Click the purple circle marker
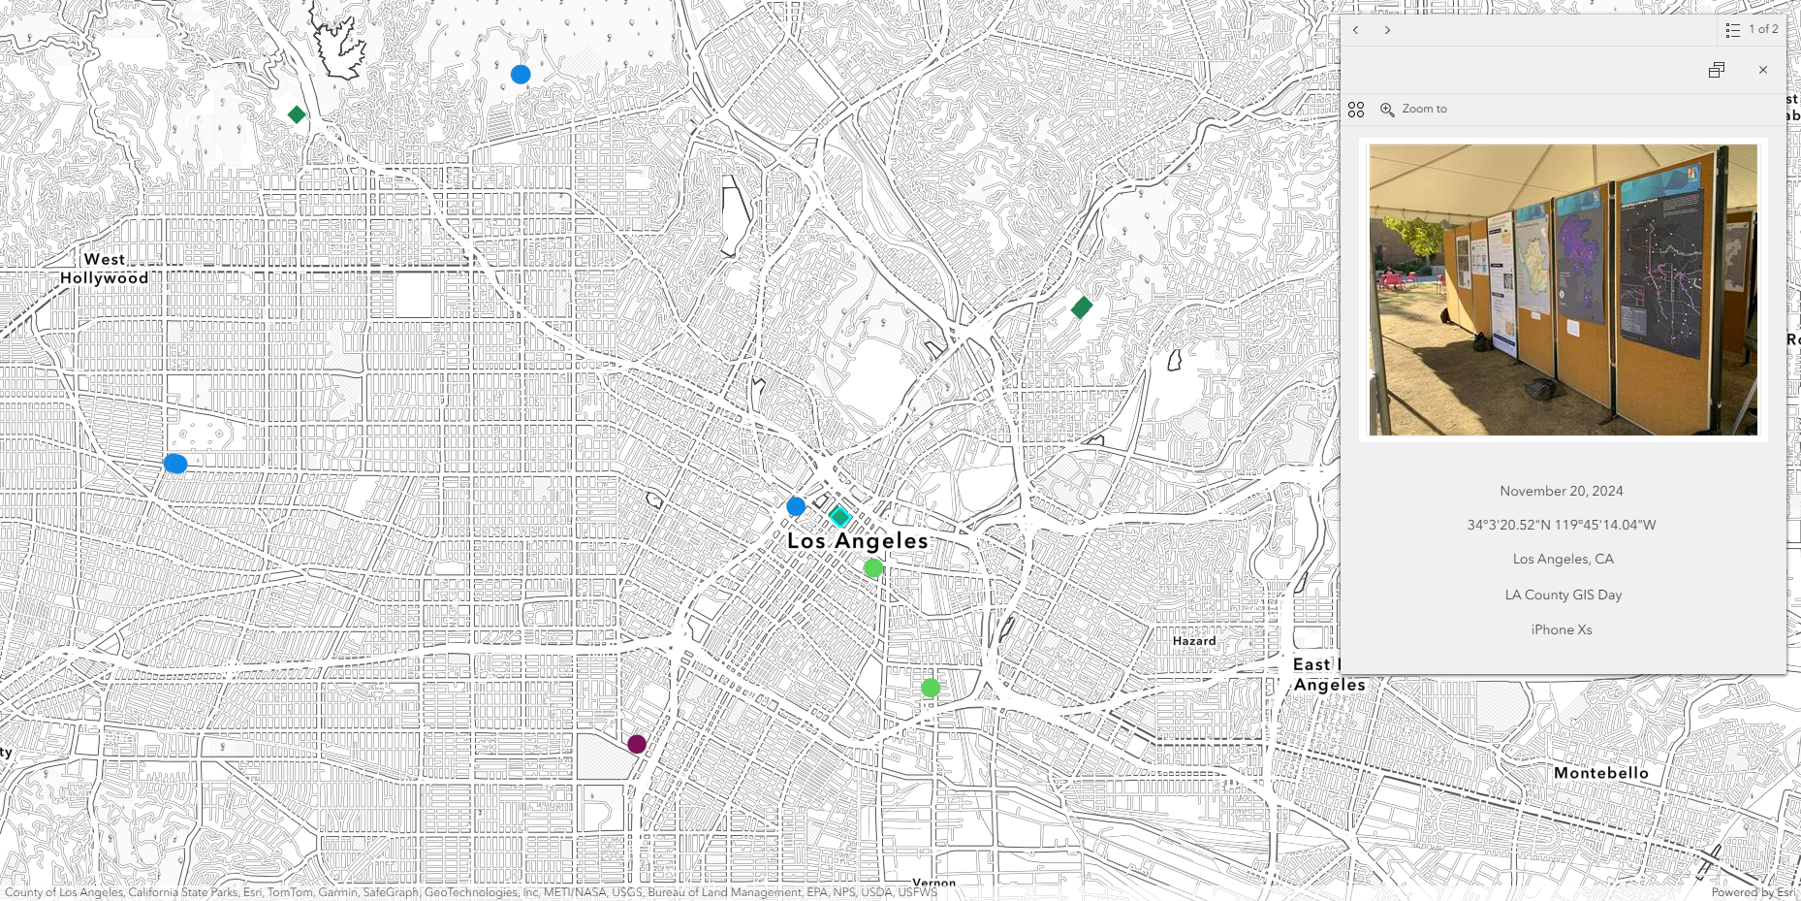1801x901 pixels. pos(637,744)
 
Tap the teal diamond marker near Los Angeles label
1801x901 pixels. pos(839,516)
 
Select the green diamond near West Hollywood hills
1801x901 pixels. pos(297,114)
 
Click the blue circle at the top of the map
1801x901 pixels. pos(521,75)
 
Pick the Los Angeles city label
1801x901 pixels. pos(857,541)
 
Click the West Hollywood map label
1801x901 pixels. pos(105,269)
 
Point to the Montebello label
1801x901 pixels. pos(1600,773)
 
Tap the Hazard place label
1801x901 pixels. pos(1193,641)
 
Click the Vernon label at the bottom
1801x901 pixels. pos(933,883)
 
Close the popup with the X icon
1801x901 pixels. pos(1762,70)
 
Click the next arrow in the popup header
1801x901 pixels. pos(1387,30)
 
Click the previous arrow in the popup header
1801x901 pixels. pos(1356,30)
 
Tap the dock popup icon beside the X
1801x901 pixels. pos(1717,70)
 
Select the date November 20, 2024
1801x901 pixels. pos(1561,491)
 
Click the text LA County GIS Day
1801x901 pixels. pos(1563,595)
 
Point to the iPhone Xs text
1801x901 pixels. pos(1561,629)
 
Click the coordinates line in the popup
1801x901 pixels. pos(1561,525)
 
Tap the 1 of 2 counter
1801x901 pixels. pos(1762,30)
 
